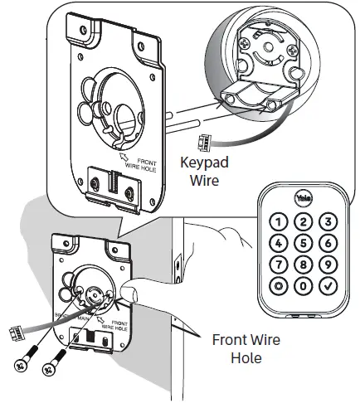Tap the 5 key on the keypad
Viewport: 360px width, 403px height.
point(304,242)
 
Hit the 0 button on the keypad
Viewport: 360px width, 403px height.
point(304,285)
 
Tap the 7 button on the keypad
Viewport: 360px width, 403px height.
point(278,264)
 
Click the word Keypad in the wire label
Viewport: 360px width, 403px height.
point(204,163)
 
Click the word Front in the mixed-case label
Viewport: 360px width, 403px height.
point(230,339)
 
